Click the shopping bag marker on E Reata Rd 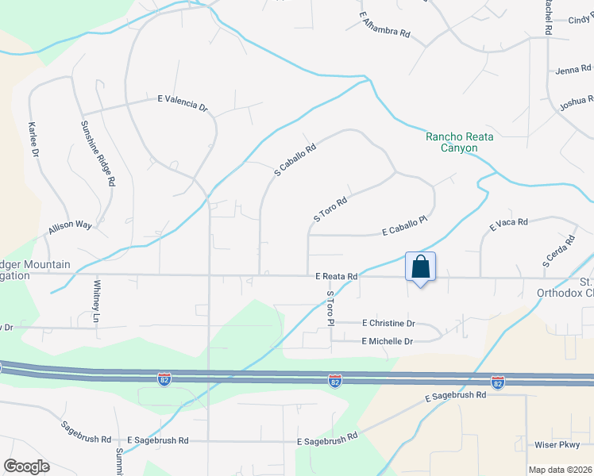pos(420,267)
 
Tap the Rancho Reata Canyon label pos(459,142)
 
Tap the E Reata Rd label pos(336,277)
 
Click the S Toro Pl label pos(330,308)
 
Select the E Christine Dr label pos(388,324)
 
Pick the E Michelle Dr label pos(388,341)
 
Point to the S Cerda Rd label pos(557,251)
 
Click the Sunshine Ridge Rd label pos(97,153)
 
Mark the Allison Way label pos(70,227)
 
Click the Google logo pos(26,466)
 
